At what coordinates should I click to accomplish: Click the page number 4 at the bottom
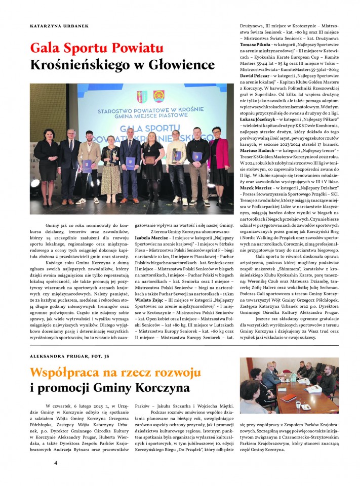56,463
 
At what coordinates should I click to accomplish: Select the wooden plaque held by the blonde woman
150,160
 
